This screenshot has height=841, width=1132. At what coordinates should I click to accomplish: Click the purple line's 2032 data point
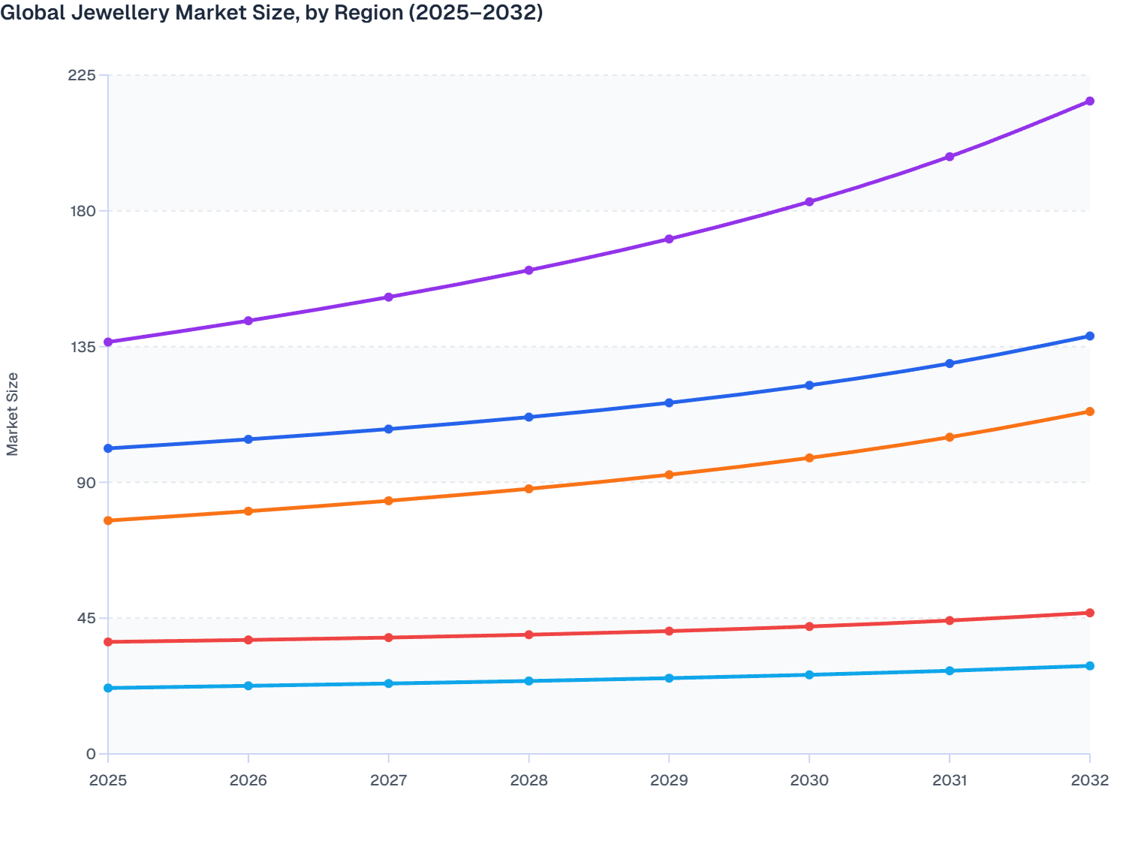click(1089, 101)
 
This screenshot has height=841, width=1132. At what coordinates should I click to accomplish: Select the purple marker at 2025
click(108, 342)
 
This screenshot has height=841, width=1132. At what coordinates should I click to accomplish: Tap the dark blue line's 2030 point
click(809, 385)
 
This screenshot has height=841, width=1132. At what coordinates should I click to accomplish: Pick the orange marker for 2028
click(528, 489)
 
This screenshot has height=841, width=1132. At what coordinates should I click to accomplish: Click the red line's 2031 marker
click(950, 620)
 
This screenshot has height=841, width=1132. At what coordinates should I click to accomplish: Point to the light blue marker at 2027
click(389, 683)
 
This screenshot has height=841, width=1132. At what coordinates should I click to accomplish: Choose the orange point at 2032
click(1089, 411)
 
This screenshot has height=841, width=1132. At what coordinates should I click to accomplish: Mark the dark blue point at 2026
click(248, 439)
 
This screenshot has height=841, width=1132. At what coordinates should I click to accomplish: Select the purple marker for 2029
click(669, 240)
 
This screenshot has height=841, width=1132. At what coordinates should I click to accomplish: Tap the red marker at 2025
click(108, 642)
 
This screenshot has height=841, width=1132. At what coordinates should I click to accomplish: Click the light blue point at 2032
click(1089, 666)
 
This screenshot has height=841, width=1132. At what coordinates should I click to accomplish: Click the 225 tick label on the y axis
click(81, 75)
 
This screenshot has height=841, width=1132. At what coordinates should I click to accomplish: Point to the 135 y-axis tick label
click(81, 347)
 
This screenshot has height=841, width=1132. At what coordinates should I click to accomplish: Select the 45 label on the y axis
click(85, 618)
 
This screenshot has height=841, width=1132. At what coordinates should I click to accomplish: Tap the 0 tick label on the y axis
click(90, 754)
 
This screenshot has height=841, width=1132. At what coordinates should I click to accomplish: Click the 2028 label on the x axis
click(528, 780)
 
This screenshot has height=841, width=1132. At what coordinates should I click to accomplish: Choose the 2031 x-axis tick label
click(950, 780)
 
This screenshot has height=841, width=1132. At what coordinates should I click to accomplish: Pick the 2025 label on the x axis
click(108, 780)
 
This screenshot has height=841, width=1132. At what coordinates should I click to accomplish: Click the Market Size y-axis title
click(13, 414)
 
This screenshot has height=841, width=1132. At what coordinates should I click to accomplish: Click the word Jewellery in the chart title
click(116, 13)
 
